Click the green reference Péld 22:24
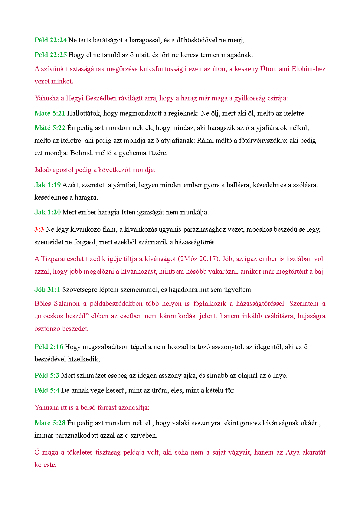pyautogui.click(x=51, y=40)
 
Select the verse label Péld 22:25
pyautogui.click(x=51, y=55)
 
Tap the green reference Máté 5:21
pyautogui.click(x=50, y=113)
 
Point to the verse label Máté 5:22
pyautogui.click(x=50, y=128)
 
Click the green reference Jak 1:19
pyautogui.click(x=47, y=185)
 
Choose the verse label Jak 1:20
pyautogui.click(x=47, y=212)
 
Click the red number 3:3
pyautogui.click(x=39, y=230)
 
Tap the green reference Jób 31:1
pyautogui.click(x=47, y=290)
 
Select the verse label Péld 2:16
pyautogui.click(x=49, y=347)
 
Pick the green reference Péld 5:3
pyautogui.click(x=47, y=376)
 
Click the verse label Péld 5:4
pyautogui.click(x=47, y=390)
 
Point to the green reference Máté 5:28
pyautogui.click(x=50, y=423)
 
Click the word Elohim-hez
pyautogui.click(x=309, y=69)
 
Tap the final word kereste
pyautogui.click(x=45, y=465)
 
